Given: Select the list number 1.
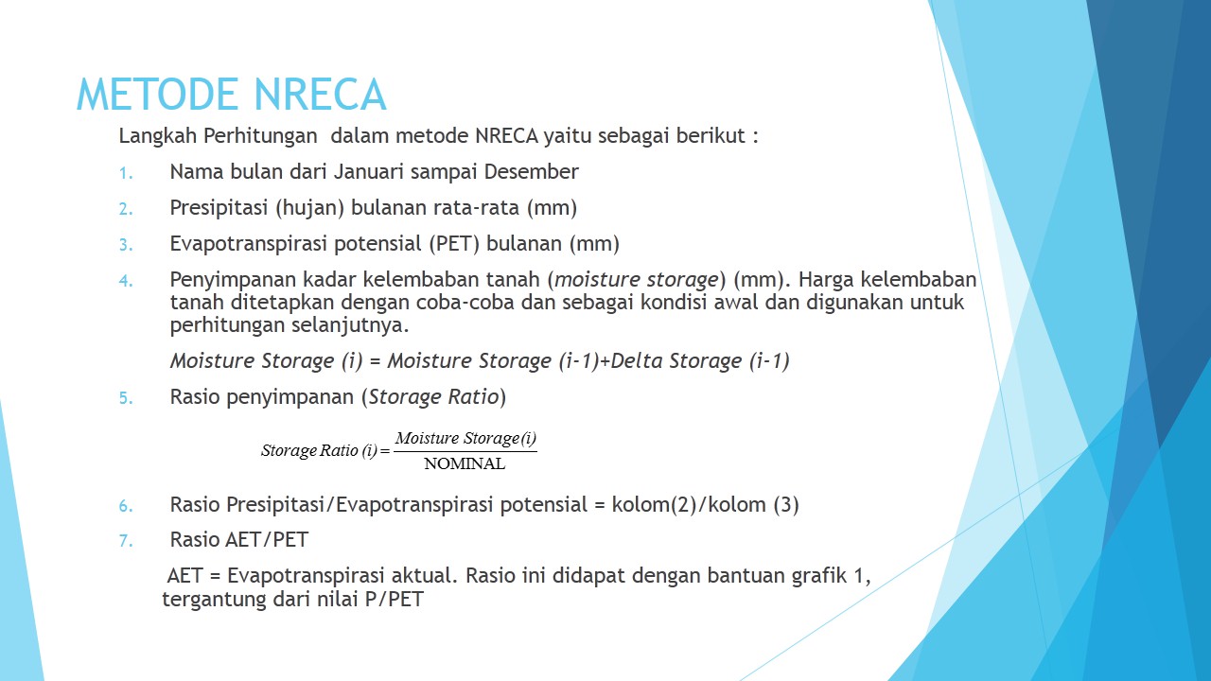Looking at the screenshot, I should [x=127, y=173].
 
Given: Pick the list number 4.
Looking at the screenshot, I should [x=127, y=281].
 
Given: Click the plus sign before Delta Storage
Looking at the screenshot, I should [x=605, y=361].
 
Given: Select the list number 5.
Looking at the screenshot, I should [x=127, y=398].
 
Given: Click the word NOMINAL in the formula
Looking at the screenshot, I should [x=465, y=464].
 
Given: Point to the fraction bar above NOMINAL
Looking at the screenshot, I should [x=465, y=451].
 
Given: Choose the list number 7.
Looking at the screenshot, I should [x=127, y=541].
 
